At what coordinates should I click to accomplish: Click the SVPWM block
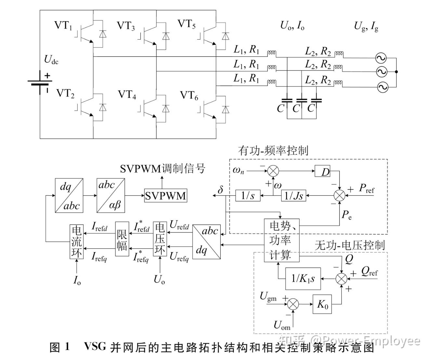[165, 196]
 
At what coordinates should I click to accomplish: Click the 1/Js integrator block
[294, 196]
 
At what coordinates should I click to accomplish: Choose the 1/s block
[248, 196]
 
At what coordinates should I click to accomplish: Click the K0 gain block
[322, 304]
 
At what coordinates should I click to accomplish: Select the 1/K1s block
[303, 278]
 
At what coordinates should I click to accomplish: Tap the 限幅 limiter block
[122, 241]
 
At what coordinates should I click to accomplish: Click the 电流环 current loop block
[77, 241]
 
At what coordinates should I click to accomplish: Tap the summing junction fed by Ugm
[293, 304]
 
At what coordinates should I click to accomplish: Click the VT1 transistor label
[63, 26]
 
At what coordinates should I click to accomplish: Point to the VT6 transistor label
[189, 96]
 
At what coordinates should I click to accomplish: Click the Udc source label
[51, 60]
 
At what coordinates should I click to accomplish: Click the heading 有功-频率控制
[272, 151]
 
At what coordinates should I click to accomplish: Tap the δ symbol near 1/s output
[220, 190]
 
